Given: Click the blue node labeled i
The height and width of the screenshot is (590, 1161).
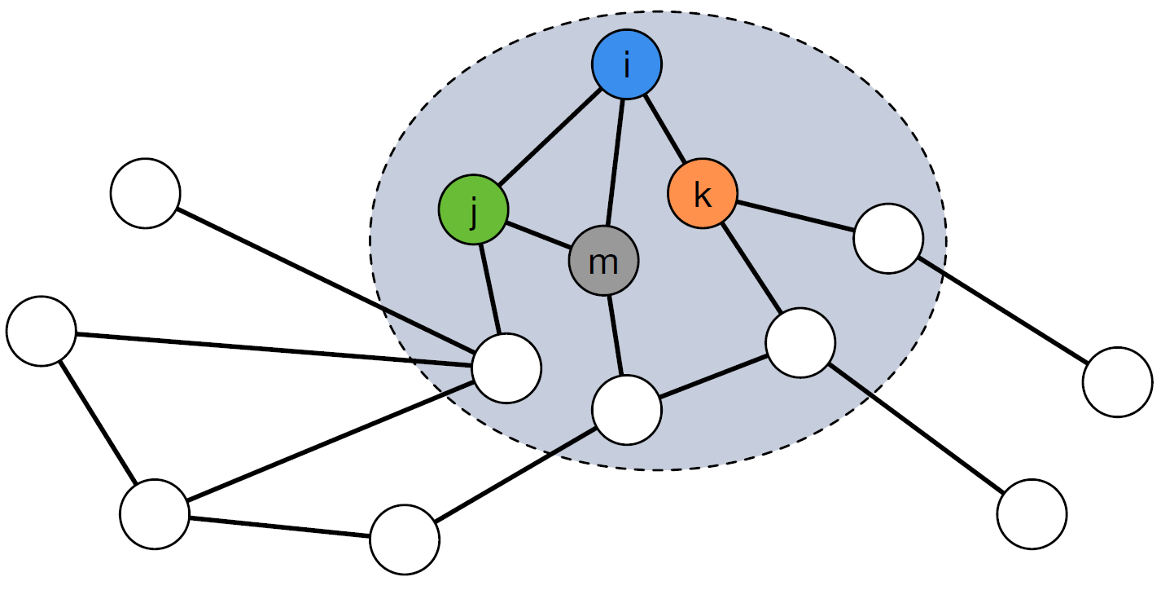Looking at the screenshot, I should click(626, 65).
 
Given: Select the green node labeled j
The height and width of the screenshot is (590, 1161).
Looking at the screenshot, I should click(473, 210).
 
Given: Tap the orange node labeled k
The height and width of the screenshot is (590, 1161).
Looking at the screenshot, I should click(702, 194).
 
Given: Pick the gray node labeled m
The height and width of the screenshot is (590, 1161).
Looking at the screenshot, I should click(603, 262).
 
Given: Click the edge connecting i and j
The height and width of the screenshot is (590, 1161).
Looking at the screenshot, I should click(550, 137).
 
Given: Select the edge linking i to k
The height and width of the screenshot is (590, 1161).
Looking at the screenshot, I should click(665, 131).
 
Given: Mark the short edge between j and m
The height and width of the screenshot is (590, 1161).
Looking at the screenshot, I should click(538, 236).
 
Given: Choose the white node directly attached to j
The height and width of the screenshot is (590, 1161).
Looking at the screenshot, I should click(506, 368).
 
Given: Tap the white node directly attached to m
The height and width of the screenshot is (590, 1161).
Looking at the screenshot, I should click(626, 410).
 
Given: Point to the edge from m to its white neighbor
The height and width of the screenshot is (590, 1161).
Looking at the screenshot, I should click(615, 336).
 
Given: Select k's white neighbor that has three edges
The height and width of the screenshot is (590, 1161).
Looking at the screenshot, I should click(800, 342).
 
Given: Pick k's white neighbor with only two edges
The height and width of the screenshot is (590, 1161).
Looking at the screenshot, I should click(888, 239).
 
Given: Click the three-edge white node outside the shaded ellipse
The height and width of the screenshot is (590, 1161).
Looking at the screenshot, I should click(154, 513).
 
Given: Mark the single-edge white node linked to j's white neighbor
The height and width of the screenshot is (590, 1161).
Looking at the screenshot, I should click(145, 193).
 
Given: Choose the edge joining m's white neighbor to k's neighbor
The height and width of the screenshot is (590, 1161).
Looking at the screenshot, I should click(713, 376).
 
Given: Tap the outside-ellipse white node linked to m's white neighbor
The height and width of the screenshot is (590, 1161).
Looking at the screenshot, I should click(404, 539).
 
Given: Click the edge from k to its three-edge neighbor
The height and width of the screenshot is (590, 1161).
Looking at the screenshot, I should click(751, 268).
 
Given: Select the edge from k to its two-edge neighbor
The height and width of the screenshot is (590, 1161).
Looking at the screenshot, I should click(795, 217).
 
